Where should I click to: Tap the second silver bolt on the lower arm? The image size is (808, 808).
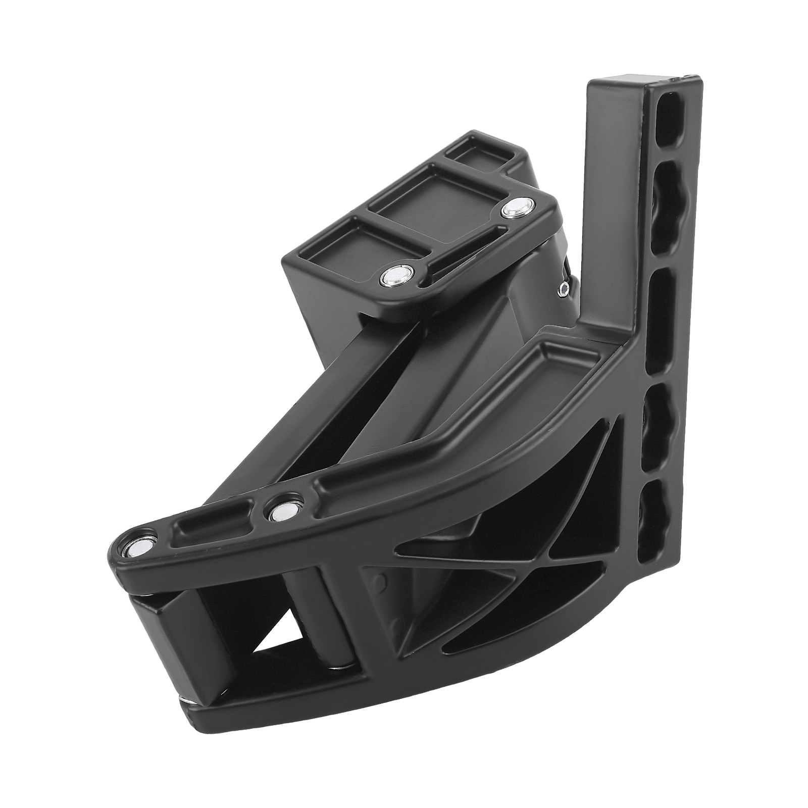coord(279,513)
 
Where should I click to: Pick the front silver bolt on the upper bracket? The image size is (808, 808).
coord(393,276)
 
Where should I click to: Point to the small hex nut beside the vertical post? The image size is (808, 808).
coord(564,288)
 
